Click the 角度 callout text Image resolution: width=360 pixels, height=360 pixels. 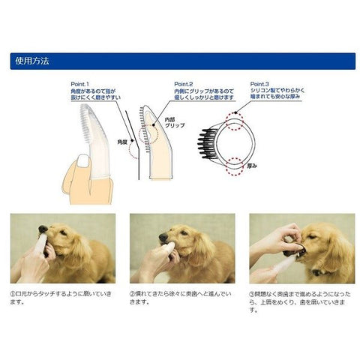coord(122,140)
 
